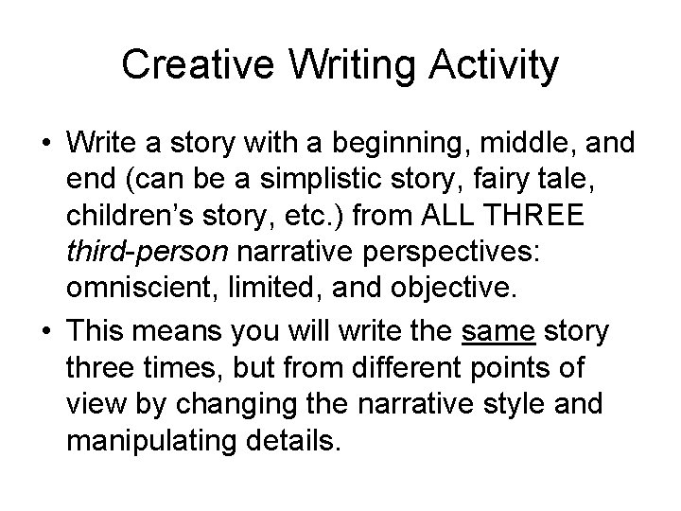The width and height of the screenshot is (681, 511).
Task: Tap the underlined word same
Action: click(x=491, y=332)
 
